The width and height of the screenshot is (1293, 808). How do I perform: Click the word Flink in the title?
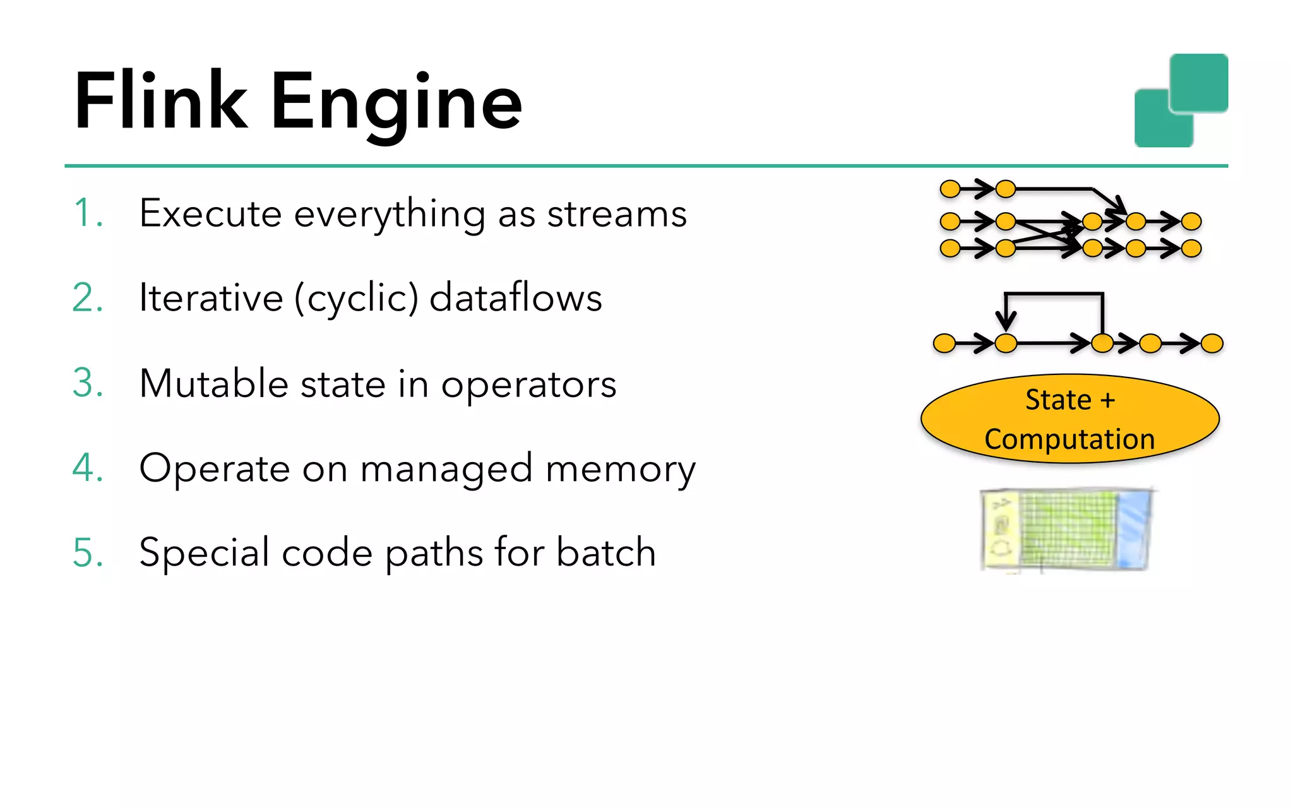point(161,101)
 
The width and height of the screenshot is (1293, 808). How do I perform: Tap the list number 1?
point(86,213)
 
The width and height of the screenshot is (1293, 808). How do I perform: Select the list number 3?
point(88,383)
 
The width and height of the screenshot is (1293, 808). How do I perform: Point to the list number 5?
point(88,552)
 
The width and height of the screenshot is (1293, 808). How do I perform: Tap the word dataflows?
point(515,297)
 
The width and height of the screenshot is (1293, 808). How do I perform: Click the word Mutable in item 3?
point(213,383)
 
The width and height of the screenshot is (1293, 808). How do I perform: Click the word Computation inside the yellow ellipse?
point(1070,439)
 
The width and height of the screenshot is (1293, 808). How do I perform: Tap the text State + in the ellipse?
point(1070,400)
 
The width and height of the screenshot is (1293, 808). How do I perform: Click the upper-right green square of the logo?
point(1200,82)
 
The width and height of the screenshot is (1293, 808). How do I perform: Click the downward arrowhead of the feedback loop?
point(1006,322)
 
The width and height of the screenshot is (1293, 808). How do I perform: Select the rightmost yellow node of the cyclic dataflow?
point(1212,343)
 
